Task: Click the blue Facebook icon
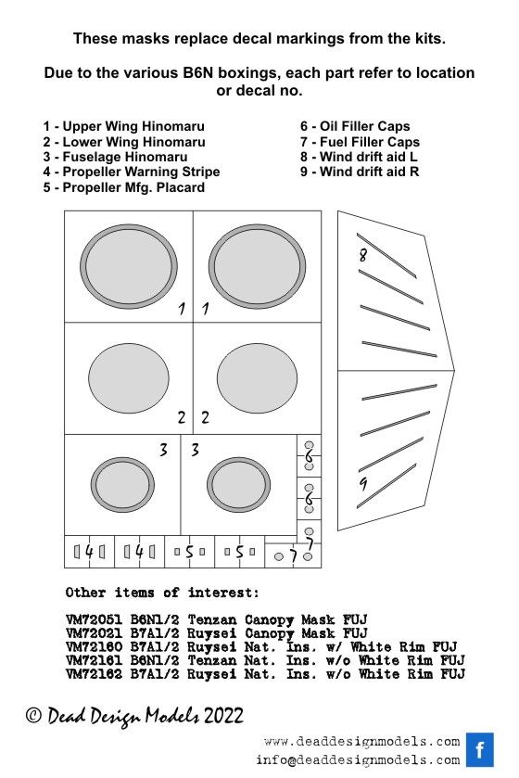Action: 479,750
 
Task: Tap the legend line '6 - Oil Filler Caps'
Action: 355,126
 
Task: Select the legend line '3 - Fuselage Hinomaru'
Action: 115,158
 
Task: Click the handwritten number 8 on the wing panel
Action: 363,255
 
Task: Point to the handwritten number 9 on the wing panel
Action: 364,484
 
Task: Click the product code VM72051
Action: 94,619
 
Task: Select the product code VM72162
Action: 94,674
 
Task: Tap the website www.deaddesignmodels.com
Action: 362,742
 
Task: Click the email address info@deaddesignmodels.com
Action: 358,760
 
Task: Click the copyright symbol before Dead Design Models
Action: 33,716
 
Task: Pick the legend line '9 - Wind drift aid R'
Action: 360,172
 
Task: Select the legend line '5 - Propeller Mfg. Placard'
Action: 124,188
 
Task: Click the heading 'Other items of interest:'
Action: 162,593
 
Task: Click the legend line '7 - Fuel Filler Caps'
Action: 360,142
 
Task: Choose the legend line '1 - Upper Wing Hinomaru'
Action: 124,126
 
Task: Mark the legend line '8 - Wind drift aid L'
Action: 359,158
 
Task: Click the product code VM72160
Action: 94,647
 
